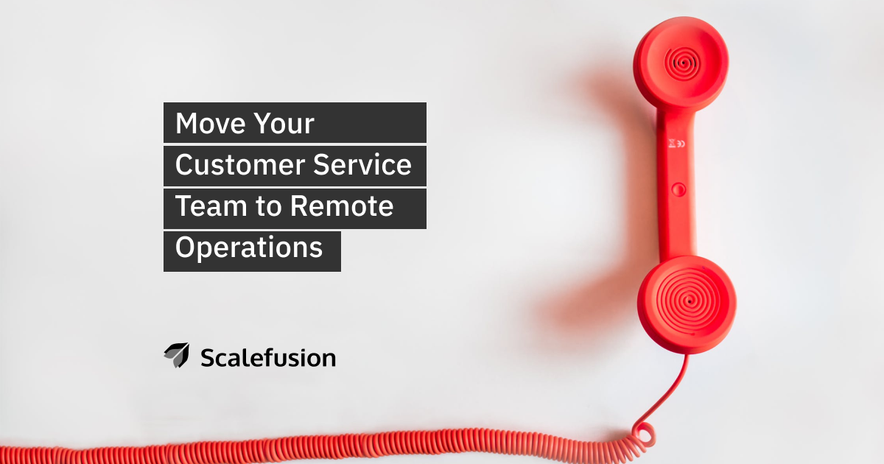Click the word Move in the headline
pos(210,124)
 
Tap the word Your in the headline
pos(284,124)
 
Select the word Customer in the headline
pos(240,164)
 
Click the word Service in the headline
pos(362,164)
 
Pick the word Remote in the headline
pos(342,206)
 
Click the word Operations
pos(249,247)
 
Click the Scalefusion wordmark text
pos(268,358)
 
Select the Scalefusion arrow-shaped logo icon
pos(178,355)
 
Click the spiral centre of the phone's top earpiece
pos(682,63)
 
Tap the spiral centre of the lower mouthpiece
pos(689,302)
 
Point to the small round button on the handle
pos(678,189)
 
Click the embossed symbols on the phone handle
pos(677,144)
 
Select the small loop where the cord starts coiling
pos(643,433)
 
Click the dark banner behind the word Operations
pos(252,251)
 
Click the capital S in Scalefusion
pos(208,358)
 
